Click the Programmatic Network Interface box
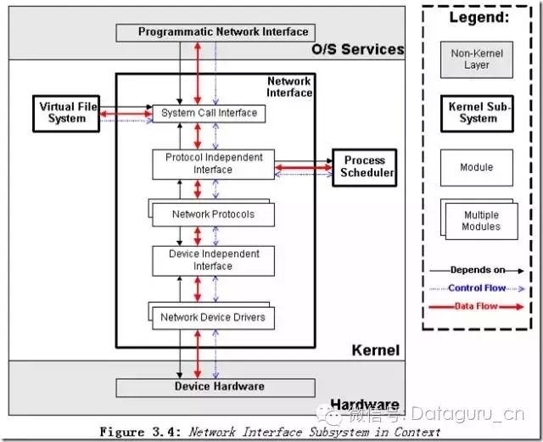(216, 32)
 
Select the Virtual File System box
(66, 114)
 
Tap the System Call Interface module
(209, 114)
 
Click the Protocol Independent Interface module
(213, 165)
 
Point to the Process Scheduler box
(365, 168)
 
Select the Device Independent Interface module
(213, 260)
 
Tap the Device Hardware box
(216, 388)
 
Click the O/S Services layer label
(358, 49)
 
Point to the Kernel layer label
(376, 350)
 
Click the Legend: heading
(479, 17)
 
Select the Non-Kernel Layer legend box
(477, 59)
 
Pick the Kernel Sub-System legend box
(477, 114)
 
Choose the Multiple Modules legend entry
(479, 219)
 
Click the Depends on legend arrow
(477, 271)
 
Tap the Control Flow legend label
(477, 288)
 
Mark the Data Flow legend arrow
(477, 306)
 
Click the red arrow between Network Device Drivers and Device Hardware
(198, 354)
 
